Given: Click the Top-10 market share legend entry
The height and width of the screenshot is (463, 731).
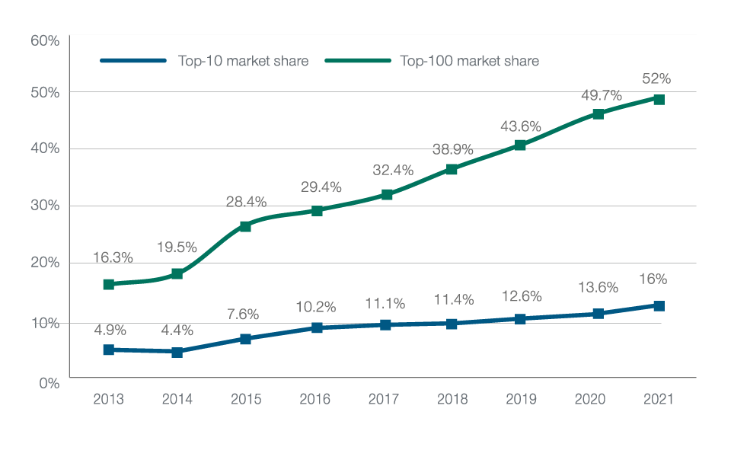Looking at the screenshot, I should click(x=204, y=61).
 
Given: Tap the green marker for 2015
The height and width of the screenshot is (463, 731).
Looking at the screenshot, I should click(x=245, y=226).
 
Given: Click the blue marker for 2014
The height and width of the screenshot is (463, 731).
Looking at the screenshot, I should click(x=177, y=352).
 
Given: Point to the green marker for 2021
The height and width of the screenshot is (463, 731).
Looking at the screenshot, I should click(x=659, y=100).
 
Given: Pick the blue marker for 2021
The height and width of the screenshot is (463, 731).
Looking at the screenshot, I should click(x=659, y=306).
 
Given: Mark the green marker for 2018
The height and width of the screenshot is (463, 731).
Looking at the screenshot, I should click(x=452, y=169).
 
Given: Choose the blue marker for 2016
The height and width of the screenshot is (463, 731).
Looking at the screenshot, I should click(x=317, y=327).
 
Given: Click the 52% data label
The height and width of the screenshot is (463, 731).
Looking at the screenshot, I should click(x=656, y=78).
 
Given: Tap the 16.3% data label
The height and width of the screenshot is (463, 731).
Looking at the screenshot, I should click(x=113, y=257).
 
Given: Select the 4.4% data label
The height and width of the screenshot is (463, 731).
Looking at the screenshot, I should click(x=176, y=330).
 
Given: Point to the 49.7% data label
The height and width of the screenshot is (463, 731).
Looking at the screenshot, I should click(x=601, y=95).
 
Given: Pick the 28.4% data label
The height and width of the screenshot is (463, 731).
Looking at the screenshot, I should click(x=246, y=202).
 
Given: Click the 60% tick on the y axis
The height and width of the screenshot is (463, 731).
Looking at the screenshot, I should click(x=45, y=40).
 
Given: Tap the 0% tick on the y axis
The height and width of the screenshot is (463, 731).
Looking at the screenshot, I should click(x=49, y=383).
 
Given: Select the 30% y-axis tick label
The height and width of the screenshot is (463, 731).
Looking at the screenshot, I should click(x=45, y=206).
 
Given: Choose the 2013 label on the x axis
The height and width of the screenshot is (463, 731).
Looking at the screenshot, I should click(x=108, y=400).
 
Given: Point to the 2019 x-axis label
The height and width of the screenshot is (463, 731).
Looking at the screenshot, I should click(x=521, y=400).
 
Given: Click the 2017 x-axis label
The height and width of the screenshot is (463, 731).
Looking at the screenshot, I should click(x=383, y=400).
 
